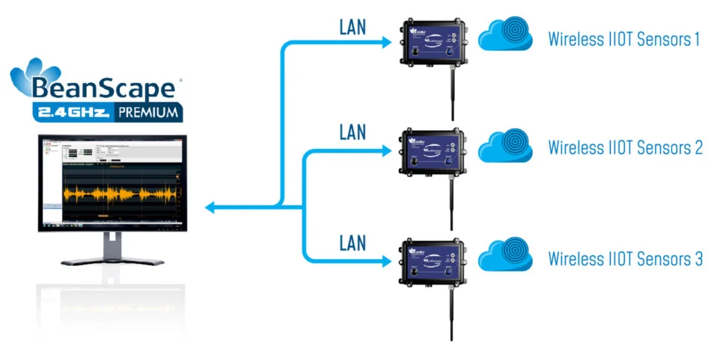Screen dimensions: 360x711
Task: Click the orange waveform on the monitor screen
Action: coord(120,194)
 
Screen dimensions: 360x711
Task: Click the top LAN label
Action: coord(353,27)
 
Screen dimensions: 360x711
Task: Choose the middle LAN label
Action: coord(353,132)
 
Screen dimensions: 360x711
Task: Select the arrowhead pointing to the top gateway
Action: coord(387,42)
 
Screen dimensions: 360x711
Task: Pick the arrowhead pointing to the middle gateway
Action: coord(387,152)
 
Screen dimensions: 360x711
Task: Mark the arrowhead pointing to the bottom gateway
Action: coord(387,261)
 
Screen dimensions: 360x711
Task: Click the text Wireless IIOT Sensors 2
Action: coord(625,147)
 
